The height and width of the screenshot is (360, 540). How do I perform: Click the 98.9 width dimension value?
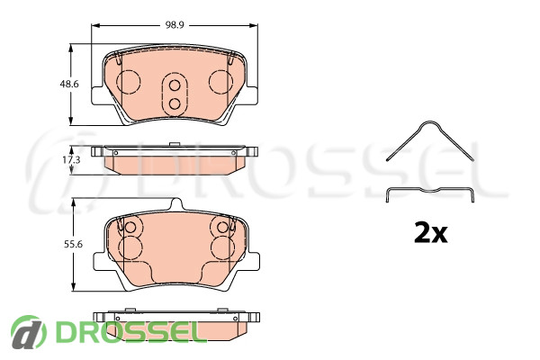(175, 25)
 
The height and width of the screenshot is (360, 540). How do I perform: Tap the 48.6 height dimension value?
(69, 84)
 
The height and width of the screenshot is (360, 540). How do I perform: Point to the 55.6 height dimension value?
(74, 244)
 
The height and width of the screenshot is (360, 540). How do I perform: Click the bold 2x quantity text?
(431, 233)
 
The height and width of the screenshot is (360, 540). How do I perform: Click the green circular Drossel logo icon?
(28, 332)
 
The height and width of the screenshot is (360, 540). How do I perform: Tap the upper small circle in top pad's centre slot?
(175, 85)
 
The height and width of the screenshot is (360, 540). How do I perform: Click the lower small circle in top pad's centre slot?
(175, 103)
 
